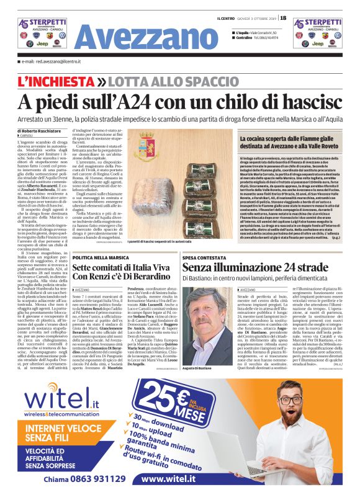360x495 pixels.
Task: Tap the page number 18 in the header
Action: (284, 17)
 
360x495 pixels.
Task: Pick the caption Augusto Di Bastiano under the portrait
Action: (197, 352)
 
